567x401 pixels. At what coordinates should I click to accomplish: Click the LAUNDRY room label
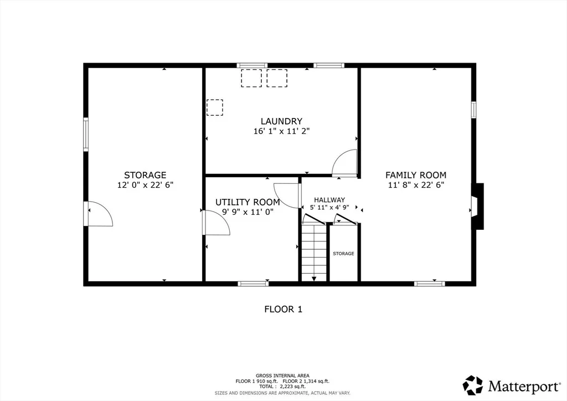click(x=281, y=121)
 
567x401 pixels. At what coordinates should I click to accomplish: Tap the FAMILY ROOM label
click(x=416, y=175)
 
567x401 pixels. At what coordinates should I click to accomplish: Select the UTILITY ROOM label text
click(x=248, y=202)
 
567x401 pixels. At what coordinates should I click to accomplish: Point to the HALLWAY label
click(x=329, y=199)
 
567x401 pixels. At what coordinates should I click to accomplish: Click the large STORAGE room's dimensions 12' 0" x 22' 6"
click(x=146, y=185)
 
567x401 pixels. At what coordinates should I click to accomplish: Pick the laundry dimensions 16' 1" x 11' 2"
click(x=282, y=131)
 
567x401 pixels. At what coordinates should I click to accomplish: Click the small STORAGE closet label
click(x=343, y=254)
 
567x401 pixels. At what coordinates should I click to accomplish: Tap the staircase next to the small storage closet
click(x=314, y=253)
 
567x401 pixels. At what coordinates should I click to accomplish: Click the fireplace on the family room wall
click(x=477, y=207)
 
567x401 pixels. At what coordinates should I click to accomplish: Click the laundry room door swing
click(x=344, y=163)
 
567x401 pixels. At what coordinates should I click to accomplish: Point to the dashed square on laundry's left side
click(x=215, y=107)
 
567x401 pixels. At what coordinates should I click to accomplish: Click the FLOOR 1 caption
click(x=283, y=309)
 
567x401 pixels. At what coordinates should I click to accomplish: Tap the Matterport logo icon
click(x=473, y=385)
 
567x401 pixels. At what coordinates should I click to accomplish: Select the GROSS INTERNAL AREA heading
click(x=282, y=376)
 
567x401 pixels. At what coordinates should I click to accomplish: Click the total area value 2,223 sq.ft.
click(x=293, y=387)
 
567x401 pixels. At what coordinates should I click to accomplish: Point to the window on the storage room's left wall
click(x=86, y=134)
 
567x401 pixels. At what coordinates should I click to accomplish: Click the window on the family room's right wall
click(x=473, y=110)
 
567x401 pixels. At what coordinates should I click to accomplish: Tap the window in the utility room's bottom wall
click(x=253, y=284)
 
